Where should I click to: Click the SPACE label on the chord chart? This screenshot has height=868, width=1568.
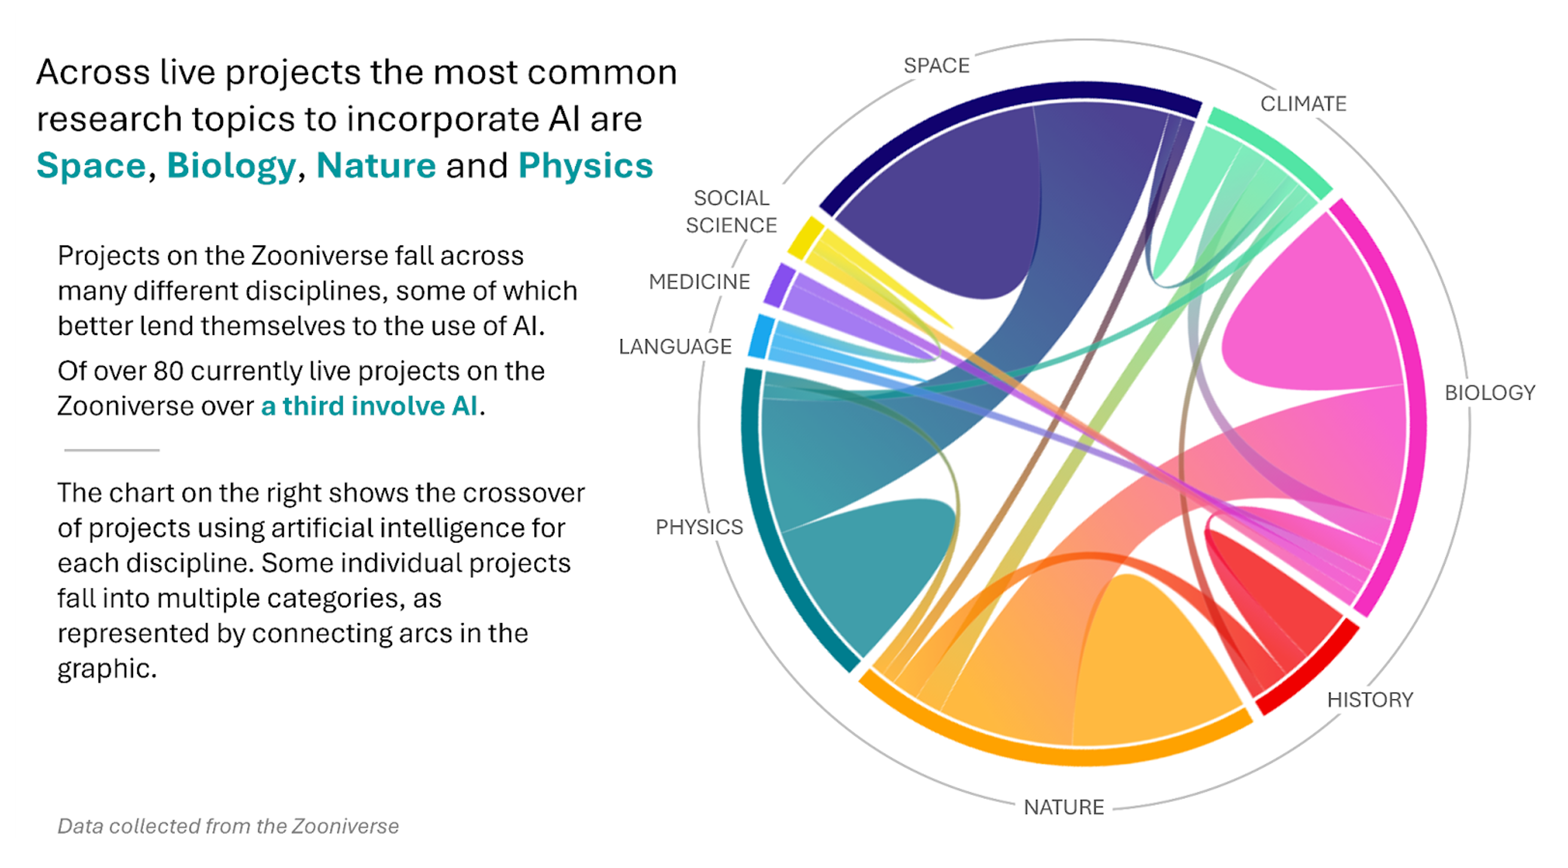(x=936, y=65)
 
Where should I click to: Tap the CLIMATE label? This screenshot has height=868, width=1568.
(x=1303, y=104)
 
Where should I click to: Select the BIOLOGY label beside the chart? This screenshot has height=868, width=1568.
(x=1489, y=392)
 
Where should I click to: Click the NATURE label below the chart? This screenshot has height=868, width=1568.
(x=1064, y=807)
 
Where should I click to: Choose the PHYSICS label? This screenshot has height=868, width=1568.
(x=699, y=526)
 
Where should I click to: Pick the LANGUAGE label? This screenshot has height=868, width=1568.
(x=675, y=346)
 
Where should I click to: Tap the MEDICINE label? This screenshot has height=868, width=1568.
(x=699, y=281)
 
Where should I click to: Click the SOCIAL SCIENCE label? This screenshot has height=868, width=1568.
(x=731, y=211)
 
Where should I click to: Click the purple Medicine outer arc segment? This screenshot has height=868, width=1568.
(x=778, y=284)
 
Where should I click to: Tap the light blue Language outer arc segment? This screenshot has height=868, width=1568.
(x=761, y=336)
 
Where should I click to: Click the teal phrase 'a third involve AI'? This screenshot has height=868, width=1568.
(x=369, y=406)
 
